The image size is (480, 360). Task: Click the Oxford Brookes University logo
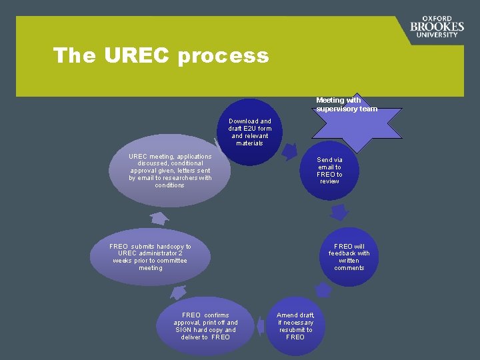tap(437, 27)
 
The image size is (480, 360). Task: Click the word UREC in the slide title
tap(137, 55)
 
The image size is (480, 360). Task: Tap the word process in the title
tap(223, 56)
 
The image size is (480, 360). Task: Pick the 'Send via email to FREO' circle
tap(329, 171)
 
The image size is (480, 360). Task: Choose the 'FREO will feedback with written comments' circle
tap(349, 257)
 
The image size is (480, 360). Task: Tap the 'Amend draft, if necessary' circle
tap(295, 325)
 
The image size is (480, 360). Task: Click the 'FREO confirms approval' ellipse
tap(205, 326)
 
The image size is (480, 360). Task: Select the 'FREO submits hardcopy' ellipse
tap(151, 257)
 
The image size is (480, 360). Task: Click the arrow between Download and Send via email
tap(289, 152)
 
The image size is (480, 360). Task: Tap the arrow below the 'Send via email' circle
tap(339, 213)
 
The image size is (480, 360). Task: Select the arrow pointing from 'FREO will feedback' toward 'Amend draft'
tap(323, 289)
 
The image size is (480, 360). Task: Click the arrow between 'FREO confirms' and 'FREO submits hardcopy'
tap(178, 291)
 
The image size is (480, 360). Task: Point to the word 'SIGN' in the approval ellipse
tap(184, 330)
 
